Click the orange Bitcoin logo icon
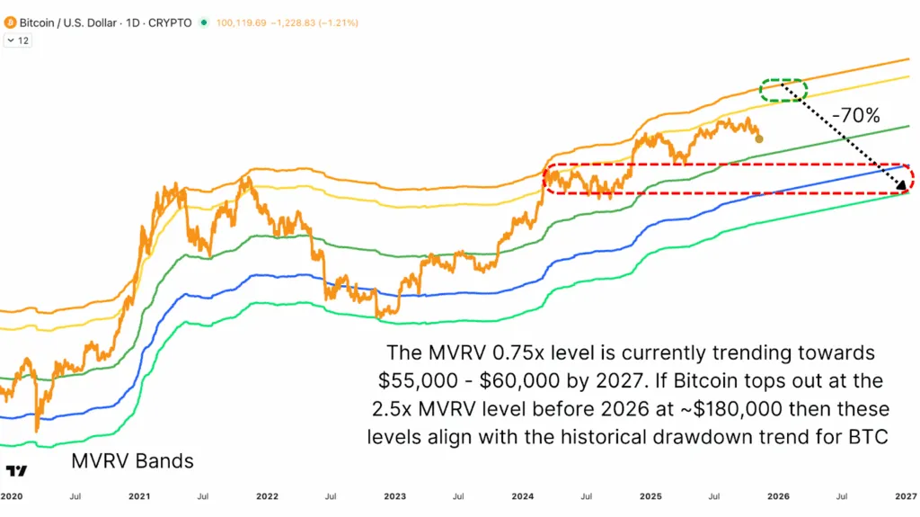[x=10, y=22]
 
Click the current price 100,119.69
[x=243, y=22]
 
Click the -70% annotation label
[x=854, y=116]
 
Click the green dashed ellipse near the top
[x=783, y=89]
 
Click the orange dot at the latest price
[x=759, y=138]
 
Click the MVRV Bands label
[x=131, y=462]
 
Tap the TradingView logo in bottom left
[x=15, y=471]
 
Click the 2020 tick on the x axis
[x=12, y=496]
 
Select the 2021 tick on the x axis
[x=139, y=496]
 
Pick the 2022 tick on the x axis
[x=267, y=496]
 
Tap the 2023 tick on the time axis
[x=394, y=496]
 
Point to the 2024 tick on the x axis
[x=523, y=496]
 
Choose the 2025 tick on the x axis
[x=650, y=496]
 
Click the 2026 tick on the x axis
[x=778, y=496]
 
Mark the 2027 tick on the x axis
[x=905, y=496]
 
